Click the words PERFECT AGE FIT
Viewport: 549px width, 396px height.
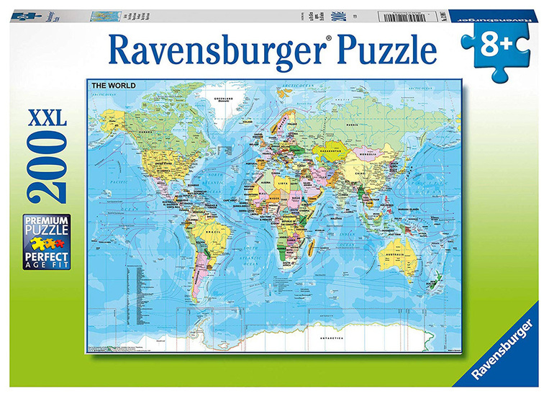(x=47, y=259)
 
